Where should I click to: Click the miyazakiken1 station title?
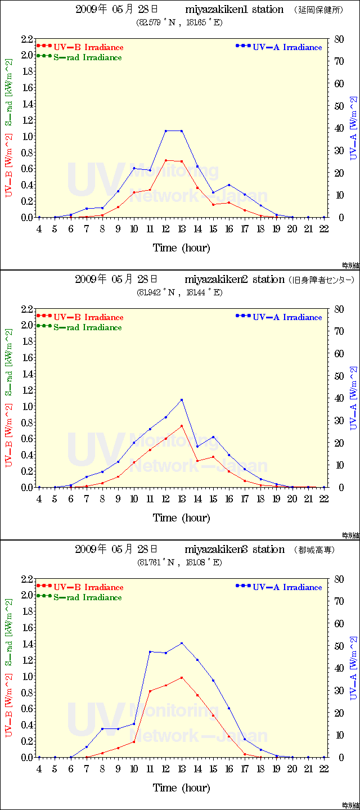click(x=234, y=10)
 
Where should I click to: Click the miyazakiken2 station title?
click(x=234, y=280)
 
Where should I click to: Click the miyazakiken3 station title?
click(x=234, y=550)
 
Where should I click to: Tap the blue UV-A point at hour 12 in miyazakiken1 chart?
click(x=166, y=131)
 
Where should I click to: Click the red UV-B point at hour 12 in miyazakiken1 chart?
click(x=166, y=160)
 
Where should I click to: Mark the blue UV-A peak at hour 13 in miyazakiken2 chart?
click(x=182, y=400)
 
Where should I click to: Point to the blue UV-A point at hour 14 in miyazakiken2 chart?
click(x=197, y=447)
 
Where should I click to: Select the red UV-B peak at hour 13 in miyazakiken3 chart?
click(x=182, y=678)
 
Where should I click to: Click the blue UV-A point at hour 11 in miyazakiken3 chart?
click(x=150, y=652)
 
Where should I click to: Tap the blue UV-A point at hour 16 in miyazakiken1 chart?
click(x=229, y=184)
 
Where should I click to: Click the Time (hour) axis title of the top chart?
click(x=181, y=247)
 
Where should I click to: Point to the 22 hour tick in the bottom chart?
click(x=324, y=768)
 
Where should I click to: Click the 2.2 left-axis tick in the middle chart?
click(x=27, y=309)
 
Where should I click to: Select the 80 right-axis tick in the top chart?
click(x=337, y=39)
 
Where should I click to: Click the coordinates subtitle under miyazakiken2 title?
click(x=179, y=292)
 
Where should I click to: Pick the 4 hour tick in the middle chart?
click(x=39, y=498)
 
